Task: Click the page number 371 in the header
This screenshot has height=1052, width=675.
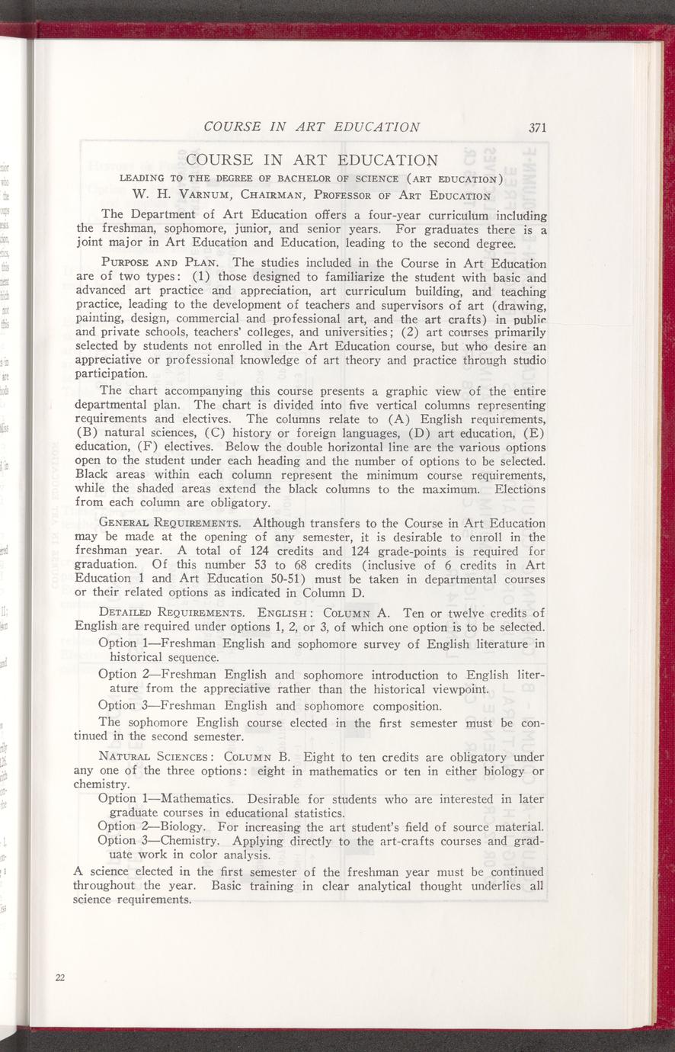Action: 538,128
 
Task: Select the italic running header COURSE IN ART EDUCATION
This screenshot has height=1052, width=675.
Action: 312,127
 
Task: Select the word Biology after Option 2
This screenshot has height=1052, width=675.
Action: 184,826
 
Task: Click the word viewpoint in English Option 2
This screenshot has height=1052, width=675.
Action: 453,689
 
